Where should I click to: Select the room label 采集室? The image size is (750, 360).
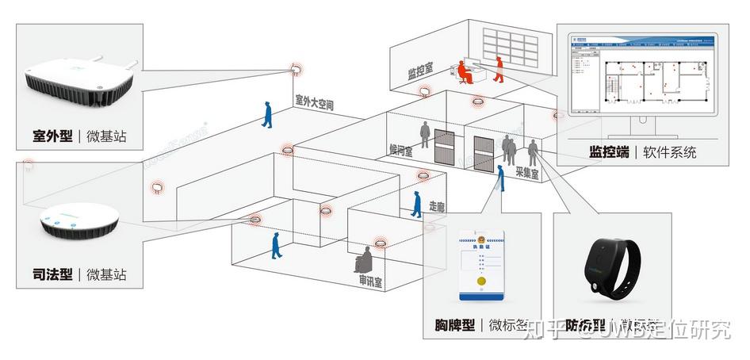[527, 170]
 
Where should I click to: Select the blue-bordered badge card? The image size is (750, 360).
[483, 265]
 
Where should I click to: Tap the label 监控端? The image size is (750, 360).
[609, 151]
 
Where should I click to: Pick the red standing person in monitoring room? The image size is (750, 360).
[498, 69]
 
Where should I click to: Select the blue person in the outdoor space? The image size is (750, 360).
[269, 116]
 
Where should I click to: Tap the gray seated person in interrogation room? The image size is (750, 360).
[365, 258]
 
